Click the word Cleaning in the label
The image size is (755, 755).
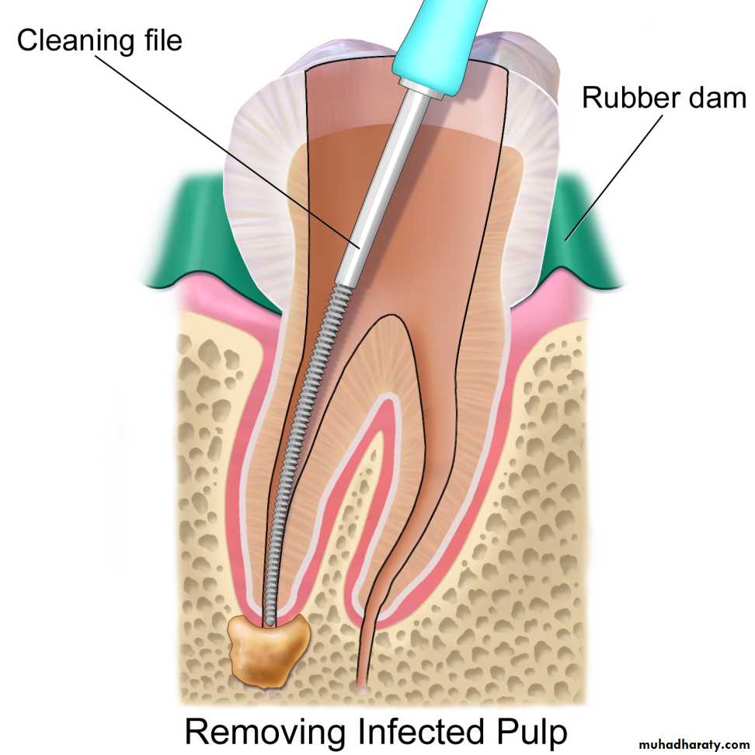tap(74, 41)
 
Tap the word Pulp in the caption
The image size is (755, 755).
tap(532, 732)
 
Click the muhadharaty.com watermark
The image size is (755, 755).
tap(694, 744)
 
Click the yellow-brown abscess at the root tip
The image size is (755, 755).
tap(268, 651)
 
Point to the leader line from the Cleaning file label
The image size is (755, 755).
tap(228, 151)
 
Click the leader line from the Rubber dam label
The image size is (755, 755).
tap(614, 177)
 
